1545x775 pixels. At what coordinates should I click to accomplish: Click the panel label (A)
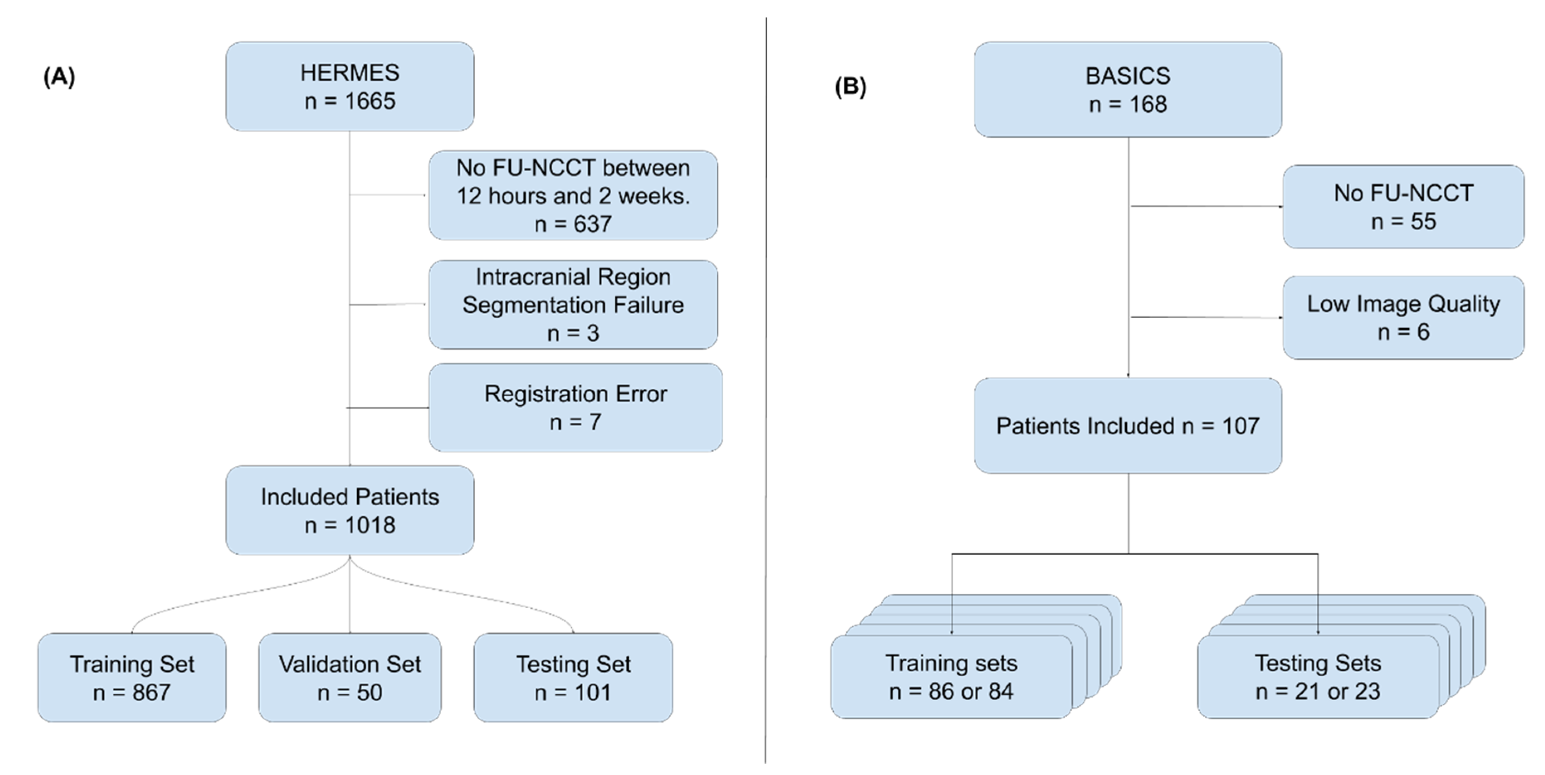pyautogui.click(x=59, y=77)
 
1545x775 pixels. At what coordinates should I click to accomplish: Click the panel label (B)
pyautogui.click(x=850, y=87)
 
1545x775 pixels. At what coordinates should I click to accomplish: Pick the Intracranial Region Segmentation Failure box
pyautogui.click(x=573, y=305)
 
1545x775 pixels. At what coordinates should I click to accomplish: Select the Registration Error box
pyautogui.click(x=575, y=408)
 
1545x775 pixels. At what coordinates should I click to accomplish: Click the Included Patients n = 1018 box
pyautogui.click(x=350, y=510)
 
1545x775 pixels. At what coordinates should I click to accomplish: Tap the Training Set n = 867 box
pyautogui.click(x=132, y=678)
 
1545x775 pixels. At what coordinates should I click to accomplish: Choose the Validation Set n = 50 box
pyautogui.click(x=350, y=678)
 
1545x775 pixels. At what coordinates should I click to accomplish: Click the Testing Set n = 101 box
pyautogui.click(x=573, y=678)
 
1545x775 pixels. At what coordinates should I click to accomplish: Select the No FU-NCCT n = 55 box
pyautogui.click(x=1403, y=207)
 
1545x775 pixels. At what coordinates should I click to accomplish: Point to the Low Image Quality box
pyautogui.click(x=1403, y=317)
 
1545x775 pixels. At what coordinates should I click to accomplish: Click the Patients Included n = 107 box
pyautogui.click(x=1128, y=426)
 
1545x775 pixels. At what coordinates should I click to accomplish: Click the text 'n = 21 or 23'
pyautogui.click(x=1318, y=692)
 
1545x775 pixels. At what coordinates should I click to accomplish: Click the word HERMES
pyautogui.click(x=350, y=73)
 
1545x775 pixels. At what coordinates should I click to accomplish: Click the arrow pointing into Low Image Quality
pyautogui.click(x=1277, y=317)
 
